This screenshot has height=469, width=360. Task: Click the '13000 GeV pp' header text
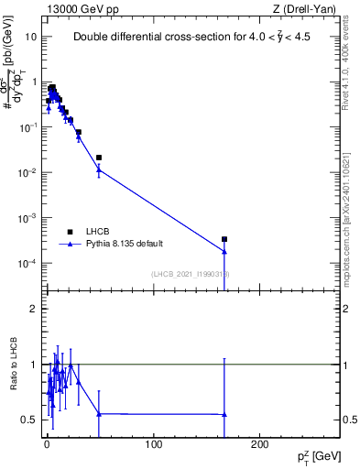(x=80, y=9)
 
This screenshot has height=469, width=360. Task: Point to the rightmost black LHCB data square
(x=224, y=239)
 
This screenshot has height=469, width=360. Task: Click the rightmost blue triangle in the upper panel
(x=224, y=251)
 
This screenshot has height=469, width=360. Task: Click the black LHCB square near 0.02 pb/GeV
(x=99, y=158)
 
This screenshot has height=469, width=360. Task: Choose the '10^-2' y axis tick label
(x=26, y=173)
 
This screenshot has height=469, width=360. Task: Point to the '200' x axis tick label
(x=260, y=445)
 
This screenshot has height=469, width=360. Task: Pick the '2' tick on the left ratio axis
(x=35, y=309)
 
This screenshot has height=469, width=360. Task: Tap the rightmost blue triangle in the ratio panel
(x=224, y=415)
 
